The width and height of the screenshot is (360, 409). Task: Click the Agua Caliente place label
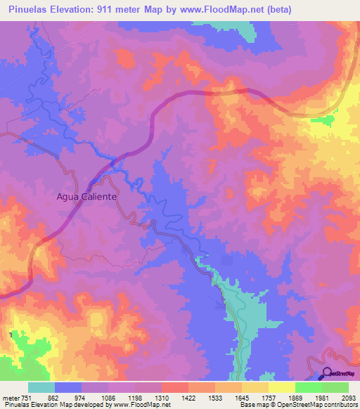tap(86, 197)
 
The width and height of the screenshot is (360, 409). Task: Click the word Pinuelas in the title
tap(28, 10)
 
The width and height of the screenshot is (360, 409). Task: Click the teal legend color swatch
tap(41, 387)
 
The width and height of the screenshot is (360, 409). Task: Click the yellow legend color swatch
tap(281, 387)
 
